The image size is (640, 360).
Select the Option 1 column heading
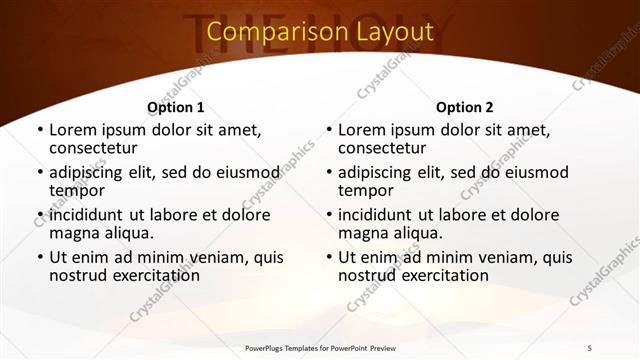(176, 107)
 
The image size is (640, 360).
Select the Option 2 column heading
(465, 107)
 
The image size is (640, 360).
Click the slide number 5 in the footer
(589, 347)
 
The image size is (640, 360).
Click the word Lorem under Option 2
(362, 130)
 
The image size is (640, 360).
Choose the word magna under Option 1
(75, 233)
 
